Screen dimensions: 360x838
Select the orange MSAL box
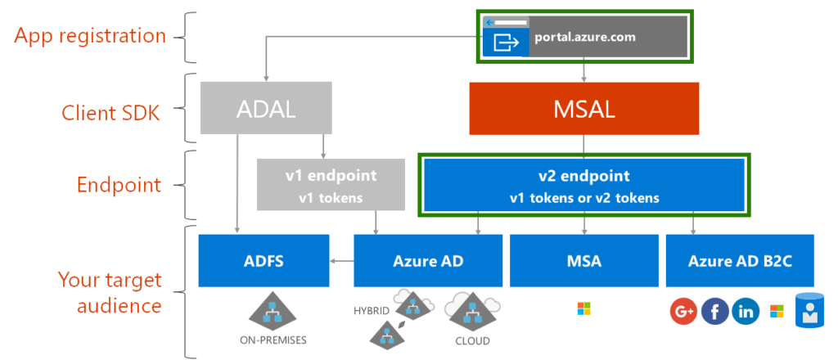[x=583, y=107]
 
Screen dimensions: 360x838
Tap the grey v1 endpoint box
[x=331, y=184]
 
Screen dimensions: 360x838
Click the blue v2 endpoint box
[x=583, y=185]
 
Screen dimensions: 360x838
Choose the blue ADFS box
[x=264, y=260]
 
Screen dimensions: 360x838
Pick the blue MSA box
[x=583, y=260]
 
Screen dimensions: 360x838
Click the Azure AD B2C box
[x=740, y=260]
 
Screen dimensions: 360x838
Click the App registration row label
[x=91, y=36]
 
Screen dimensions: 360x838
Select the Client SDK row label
[x=111, y=113]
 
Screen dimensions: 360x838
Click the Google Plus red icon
[x=683, y=312]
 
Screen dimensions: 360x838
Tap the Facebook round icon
[x=714, y=312]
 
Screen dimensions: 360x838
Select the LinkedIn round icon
[x=746, y=312]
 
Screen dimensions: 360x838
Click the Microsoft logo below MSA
[x=583, y=308]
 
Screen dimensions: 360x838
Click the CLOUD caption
[x=472, y=340]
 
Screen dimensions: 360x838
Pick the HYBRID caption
[x=372, y=311]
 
